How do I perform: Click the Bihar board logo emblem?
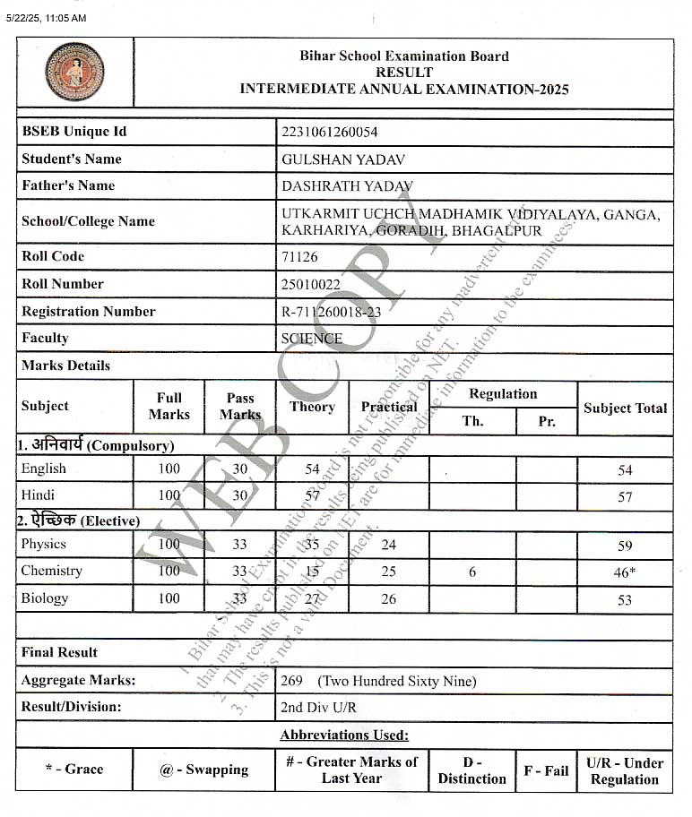pos(74,72)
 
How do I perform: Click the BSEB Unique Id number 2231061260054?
pos(329,132)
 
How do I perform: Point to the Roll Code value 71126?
pos(299,256)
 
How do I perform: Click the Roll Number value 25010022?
pos(311,284)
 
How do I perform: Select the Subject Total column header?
pos(625,408)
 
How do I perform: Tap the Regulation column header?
pos(503,394)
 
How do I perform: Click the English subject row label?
pos(44,469)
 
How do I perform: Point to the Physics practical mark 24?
pos(388,544)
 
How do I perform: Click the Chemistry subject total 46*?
pos(625,572)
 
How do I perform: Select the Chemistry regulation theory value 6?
pos(472,572)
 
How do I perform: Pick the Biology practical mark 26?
pos(388,598)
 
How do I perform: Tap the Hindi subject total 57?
pos(625,496)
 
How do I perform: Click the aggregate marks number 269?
pos(292,681)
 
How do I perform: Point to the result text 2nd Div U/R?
pos(318,708)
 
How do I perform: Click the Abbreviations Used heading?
pos(344,735)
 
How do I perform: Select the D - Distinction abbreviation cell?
pos(471,770)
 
